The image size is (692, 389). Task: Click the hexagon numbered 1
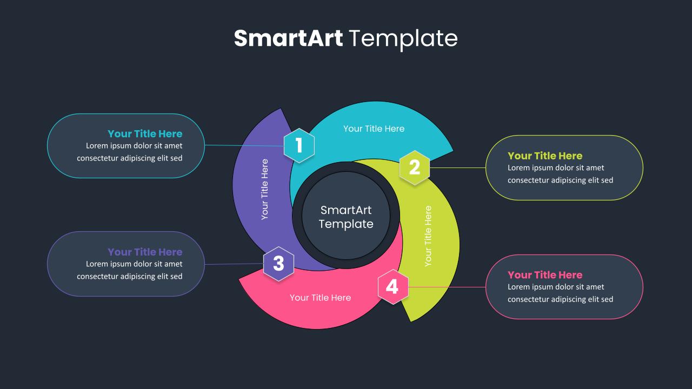[299, 145]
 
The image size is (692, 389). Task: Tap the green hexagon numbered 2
[415, 167]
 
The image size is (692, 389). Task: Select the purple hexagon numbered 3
[278, 264]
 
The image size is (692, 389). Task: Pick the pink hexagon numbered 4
[392, 287]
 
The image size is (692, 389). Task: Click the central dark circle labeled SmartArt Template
[346, 217]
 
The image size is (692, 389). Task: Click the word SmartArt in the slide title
[288, 38]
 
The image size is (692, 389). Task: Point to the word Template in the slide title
[403, 38]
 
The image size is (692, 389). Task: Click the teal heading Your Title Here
[145, 133]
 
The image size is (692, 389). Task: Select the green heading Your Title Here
[545, 156]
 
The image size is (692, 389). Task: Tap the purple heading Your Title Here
[145, 252]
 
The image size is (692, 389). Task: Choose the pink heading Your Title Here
[545, 274]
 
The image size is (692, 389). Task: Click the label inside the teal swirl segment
[374, 129]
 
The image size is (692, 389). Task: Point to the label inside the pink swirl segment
[320, 298]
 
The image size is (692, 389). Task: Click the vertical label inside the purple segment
[264, 189]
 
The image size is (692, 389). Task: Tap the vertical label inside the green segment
[428, 236]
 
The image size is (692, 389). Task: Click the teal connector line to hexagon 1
[243, 145]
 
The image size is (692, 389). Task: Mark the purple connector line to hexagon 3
[234, 264]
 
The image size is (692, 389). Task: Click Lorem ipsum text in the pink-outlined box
[560, 293]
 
